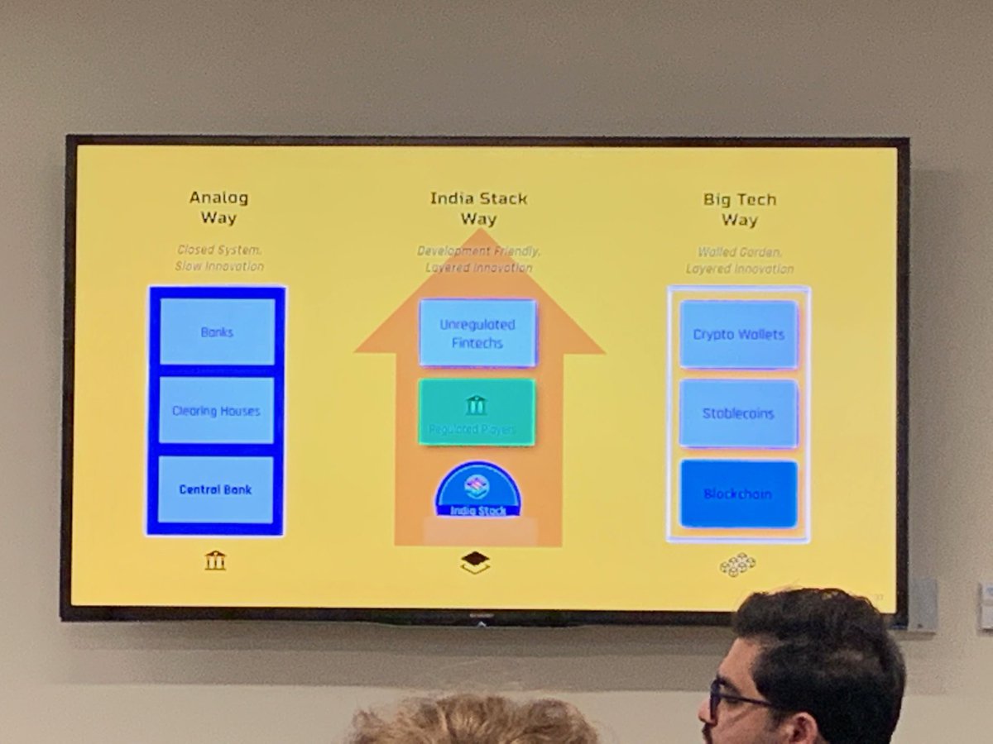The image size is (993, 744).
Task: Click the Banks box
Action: click(x=217, y=331)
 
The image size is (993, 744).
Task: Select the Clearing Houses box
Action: click(x=216, y=410)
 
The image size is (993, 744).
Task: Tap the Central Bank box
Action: click(x=215, y=489)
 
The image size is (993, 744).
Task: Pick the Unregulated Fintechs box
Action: click(x=477, y=333)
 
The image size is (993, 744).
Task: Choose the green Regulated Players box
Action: click(x=476, y=413)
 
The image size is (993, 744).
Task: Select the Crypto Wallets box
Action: click(x=738, y=334)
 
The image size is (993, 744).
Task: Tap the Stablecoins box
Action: click(x=738, y=413)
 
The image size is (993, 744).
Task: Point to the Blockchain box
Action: click(x=738, y=494)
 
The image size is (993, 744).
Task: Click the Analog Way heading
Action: click(x=218, y=208)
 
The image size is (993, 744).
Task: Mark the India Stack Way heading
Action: click(x=478, y=208)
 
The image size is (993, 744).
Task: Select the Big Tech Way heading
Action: click(x=740, y=209)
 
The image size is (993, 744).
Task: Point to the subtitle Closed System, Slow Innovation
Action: click(x=219, y=257)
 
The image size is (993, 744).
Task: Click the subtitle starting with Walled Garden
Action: click(x=740, y=260)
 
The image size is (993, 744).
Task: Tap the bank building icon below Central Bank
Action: click(x=215, y=560)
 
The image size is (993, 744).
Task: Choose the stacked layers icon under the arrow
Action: click(x=475, y=562)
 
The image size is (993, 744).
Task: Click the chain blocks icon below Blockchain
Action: click(x=737, y=565)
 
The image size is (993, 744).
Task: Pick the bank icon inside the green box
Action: click(x=476, y=404)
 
